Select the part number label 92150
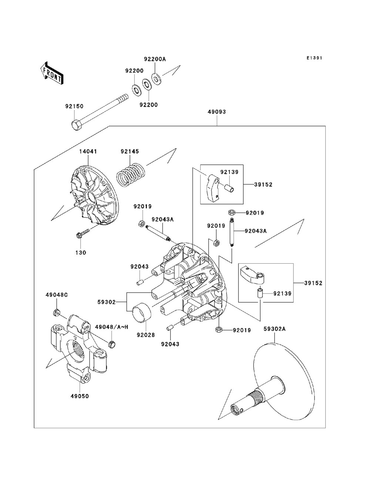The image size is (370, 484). click(x=74, y=106)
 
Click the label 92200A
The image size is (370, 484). click(x=155, y=59)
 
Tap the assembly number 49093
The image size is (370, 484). click(x=216, y=111)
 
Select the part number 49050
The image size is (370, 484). click(x=80, y=396)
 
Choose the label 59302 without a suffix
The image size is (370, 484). click(x=107, y=302)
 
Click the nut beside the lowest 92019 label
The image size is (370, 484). click(x=219, y=329)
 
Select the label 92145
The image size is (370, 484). click(x=129, y=151)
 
